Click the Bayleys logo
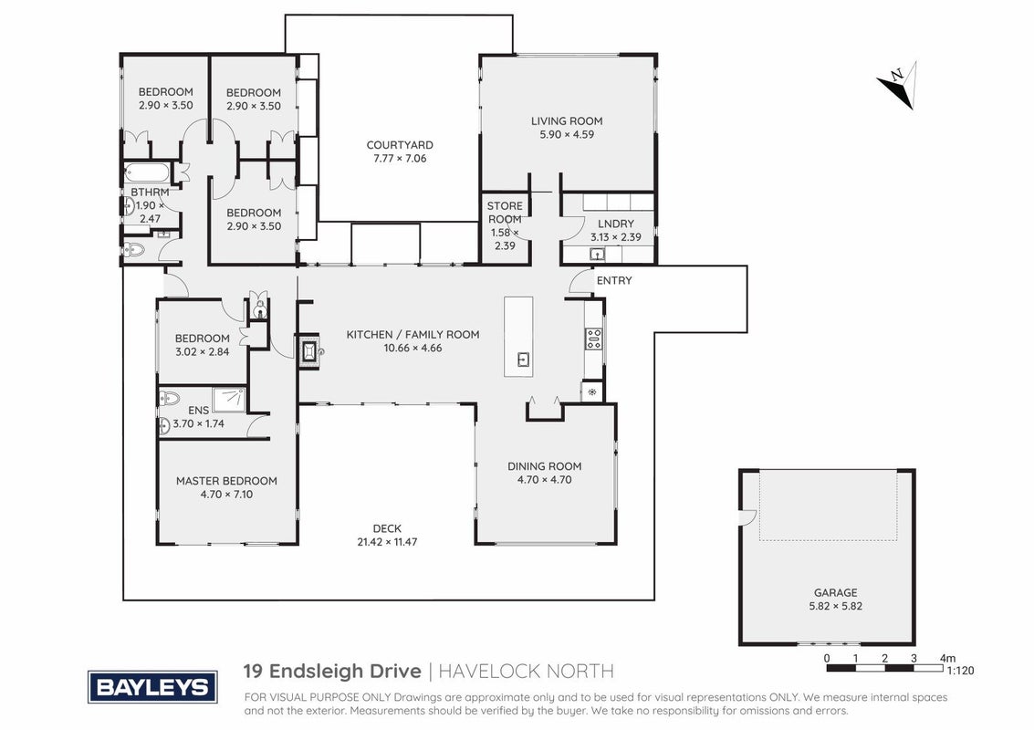pyautogui.click(x=152, y=687)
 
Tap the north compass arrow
pyautogui.click(x=897, y=86)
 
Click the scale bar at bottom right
pyautogui.click(x=884, y=668)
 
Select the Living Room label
pyautogui.click(x=567, y=120)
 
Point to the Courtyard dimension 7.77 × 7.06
pyautogui.click(x=400, y=158)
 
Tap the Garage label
pyautogui.click(x=836, y=592)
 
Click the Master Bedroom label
pyautogui.click(x=226, y=481)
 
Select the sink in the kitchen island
pyautogui.click(x=522, y=360)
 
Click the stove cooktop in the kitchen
pyautogui.click(x=593, y=339)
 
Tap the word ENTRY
pyautogui.click(x=614, y=280)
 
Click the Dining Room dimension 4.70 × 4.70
pyautogui.click(x=545, y=479)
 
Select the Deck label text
pyautogui.click(x=387, y=528)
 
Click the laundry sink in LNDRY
pyautogui.click(x=598, y=255)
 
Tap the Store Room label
pyautogui.click(x=505, y=213)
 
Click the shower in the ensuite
pyautogui.click(x=232, y=401)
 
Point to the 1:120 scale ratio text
pyautogui.click(x=960, y=671)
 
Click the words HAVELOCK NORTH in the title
pyautogui.click(x=527, y=672)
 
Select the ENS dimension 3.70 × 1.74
pyautogui.click(x=198, y=423)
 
